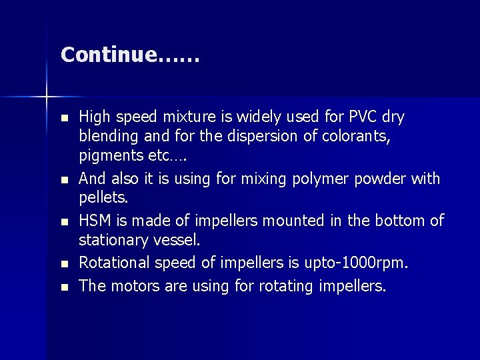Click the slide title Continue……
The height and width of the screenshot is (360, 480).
pos(130,55)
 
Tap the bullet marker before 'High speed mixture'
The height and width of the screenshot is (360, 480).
pos(63,118)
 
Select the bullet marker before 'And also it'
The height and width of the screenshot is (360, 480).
pos(63,180)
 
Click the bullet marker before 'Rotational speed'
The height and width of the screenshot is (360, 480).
pos(63,265)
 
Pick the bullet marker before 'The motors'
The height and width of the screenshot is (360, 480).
pos(63,287)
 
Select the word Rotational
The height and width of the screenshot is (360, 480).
pos(117,264)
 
